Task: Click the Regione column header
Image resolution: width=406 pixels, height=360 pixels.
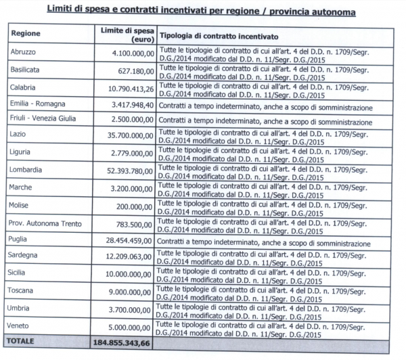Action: click(x=26, y=33)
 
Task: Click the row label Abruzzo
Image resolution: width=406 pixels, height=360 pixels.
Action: click(x=24, y=52)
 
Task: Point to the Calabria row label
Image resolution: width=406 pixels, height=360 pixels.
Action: click(x=24, y=89)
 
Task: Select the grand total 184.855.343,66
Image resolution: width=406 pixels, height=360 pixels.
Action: click(x=121, y=344)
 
